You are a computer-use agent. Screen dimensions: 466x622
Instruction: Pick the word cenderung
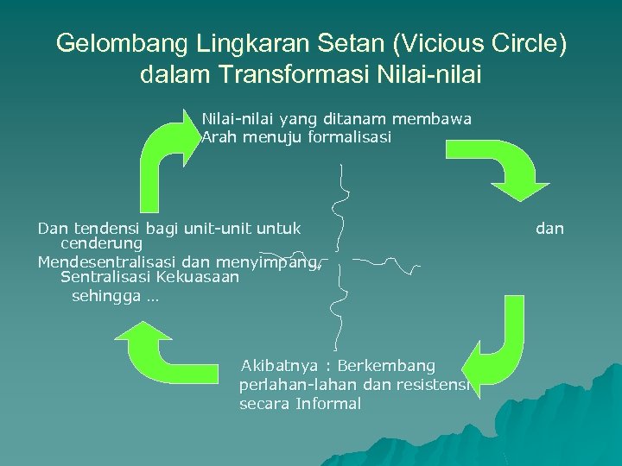[x=102, y=243]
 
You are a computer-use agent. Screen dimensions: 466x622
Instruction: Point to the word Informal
[x=328, y=403]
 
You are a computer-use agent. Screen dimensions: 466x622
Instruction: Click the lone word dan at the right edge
[x=549, y=229]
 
